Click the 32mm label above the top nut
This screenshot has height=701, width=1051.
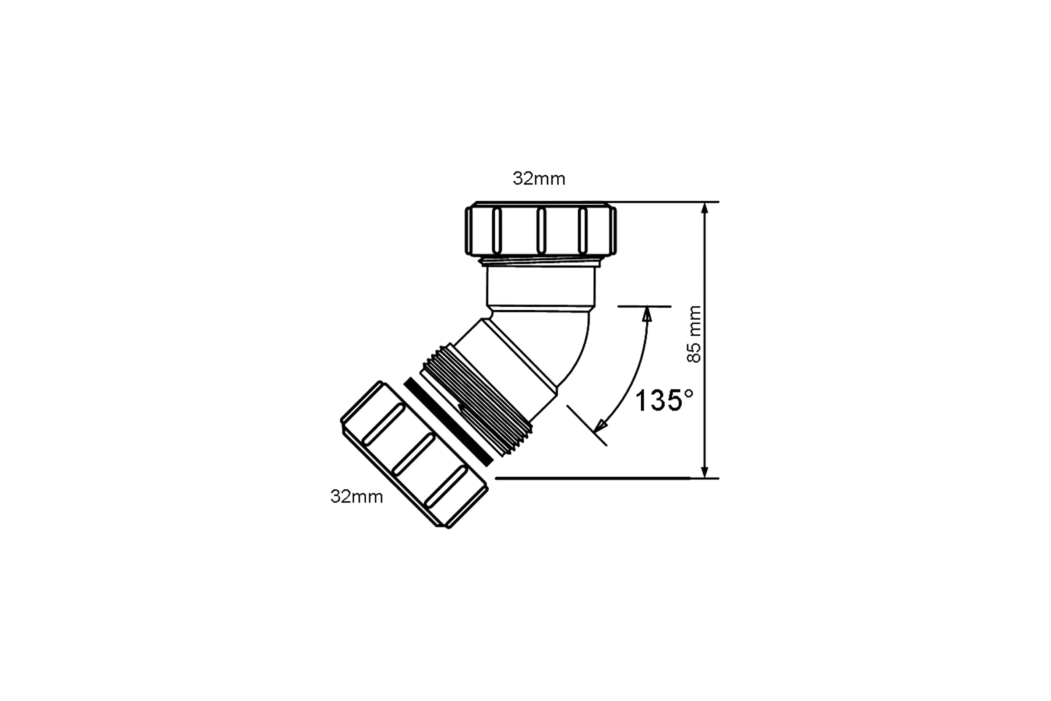click(x=539, y=179)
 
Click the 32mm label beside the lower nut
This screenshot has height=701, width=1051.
click(x=356, y=497)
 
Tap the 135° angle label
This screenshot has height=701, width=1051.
click(x=664, y=400)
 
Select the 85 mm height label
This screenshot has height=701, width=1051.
click(x=694, y=334)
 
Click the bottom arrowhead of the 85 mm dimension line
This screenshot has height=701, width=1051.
click(x=705, y=472)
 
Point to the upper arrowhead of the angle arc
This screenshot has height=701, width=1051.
click(x=647, y=313)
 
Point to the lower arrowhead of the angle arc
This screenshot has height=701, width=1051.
click(x=599, y=426)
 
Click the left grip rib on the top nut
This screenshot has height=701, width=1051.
click(x=497, y=231)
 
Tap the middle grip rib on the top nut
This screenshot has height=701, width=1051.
click(x=541, y=231)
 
